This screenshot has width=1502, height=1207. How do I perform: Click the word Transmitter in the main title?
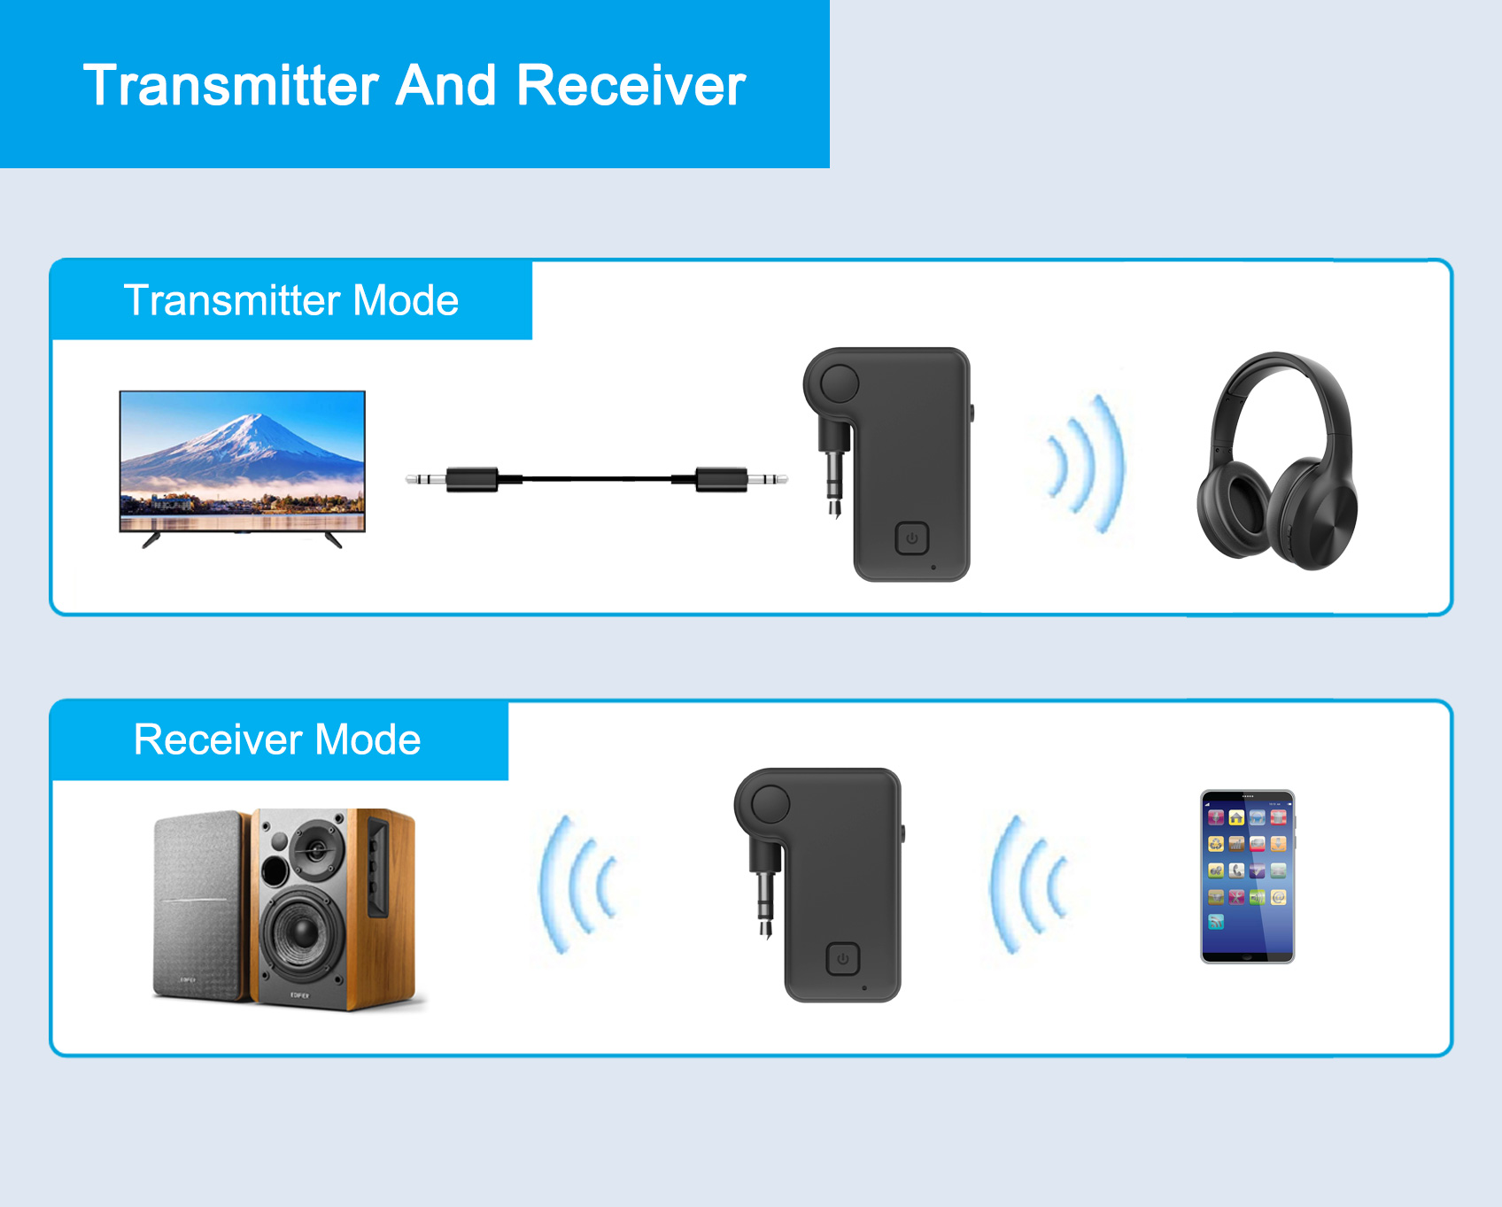tap(231, 86)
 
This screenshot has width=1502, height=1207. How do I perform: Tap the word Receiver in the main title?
tap(631, 86)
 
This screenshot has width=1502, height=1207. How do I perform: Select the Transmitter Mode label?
tap(291, 300)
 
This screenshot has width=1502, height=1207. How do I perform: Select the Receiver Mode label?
tap(277, 739)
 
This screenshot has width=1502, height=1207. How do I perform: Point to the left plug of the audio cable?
tap(452, 480)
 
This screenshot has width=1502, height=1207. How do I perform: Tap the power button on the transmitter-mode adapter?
tap(911, 538)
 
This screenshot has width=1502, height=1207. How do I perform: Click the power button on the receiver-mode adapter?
tap(842, 959)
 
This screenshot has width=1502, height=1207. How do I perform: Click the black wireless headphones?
tap(1276, 460)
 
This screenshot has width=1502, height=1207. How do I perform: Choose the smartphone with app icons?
tap(1247, 877)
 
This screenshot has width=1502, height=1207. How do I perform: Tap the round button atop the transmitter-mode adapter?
tap(839, 383)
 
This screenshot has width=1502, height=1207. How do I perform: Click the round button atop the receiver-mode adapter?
tap(770, 804)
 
